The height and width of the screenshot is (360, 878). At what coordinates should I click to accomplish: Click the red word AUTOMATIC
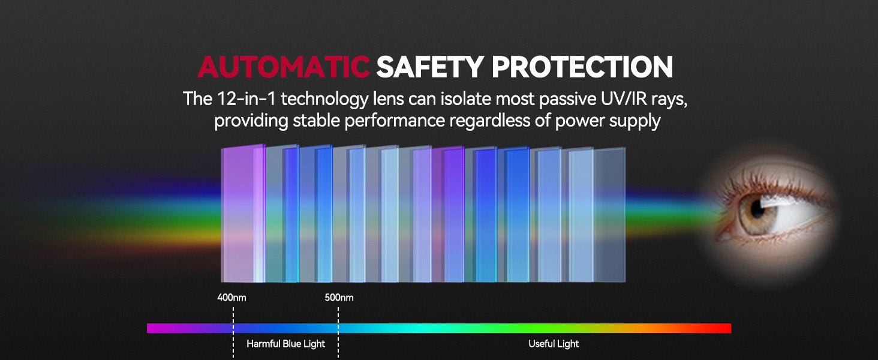click(284, 67)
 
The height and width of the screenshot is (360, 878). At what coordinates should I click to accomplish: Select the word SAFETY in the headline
click(430, 67)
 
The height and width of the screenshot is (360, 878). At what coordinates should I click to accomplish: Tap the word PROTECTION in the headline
click(582, 67)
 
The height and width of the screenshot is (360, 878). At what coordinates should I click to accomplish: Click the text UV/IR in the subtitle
click(624, 98)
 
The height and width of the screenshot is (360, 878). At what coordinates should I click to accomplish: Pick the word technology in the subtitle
click(324, 99)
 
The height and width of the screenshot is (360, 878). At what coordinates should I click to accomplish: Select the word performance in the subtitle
click(394, 121)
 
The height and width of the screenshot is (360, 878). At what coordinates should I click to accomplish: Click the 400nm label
click(231, 298)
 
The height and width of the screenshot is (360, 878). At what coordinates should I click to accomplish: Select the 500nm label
click(339, 298)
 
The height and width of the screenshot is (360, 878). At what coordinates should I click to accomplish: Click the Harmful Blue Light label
click(285, 344)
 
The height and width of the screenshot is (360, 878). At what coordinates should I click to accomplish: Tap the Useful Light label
click(554, 344)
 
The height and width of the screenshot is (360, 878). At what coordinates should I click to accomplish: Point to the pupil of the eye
click(757, 211)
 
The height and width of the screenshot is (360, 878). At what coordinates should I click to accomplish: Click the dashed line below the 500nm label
click(338, 332)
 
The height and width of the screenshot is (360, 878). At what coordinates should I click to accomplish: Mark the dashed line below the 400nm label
click(233, 332)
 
